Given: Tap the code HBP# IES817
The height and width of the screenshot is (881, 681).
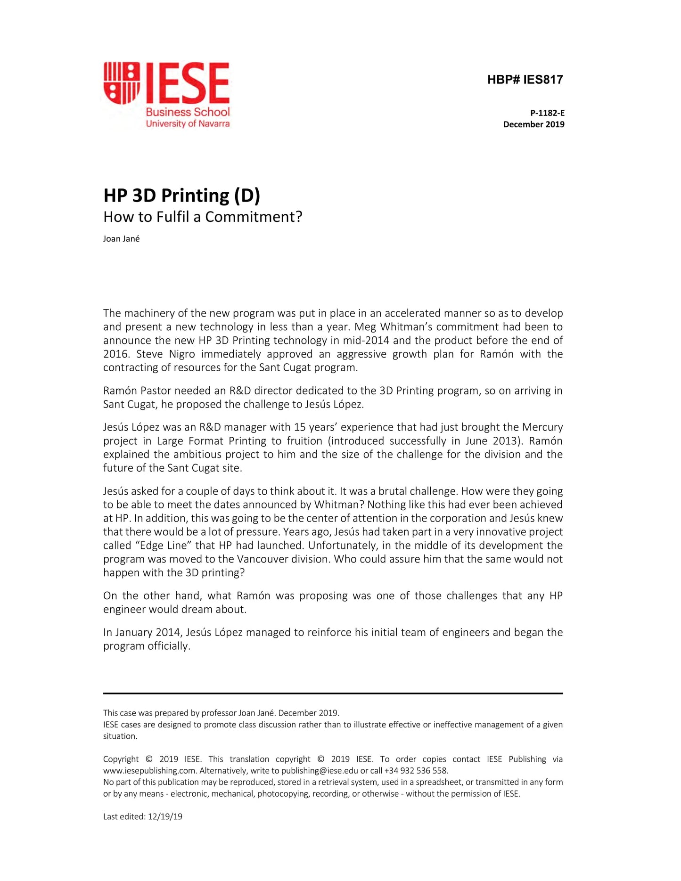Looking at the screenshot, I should click(x=525, y=80).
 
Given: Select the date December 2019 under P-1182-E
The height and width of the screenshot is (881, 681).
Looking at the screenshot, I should click(x=533, y=124).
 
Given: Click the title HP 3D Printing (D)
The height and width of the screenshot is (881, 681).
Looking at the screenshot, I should click(x=181, y=195).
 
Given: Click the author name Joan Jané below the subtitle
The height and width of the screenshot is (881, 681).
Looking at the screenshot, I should click(x=121, y=239).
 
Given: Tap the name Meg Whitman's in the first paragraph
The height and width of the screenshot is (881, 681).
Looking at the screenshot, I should click(x=406, y=326).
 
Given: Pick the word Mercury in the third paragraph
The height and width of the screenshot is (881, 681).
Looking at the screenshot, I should click(x=542, y=427).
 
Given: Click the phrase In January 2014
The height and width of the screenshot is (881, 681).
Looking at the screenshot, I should click(x=141, y=632).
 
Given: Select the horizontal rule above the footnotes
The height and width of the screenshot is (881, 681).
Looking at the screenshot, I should click(x=333, y=693).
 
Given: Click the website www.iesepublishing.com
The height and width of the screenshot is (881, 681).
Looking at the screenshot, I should click(x=149, y=771).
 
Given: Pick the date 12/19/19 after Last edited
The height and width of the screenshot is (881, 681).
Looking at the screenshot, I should click(x=165, y=817).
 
